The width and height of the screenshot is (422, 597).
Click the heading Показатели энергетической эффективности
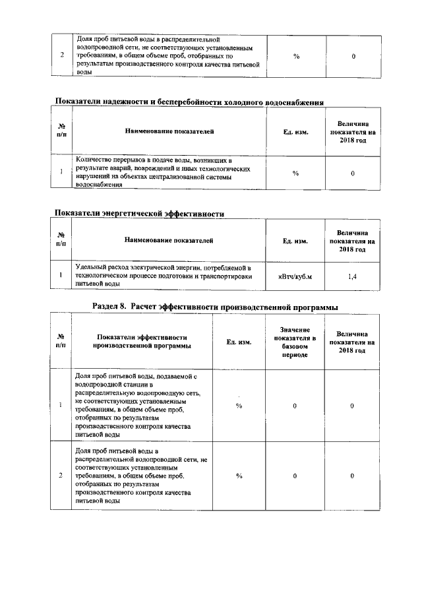coord(139,214)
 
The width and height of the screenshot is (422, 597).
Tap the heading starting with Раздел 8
coord(216,307)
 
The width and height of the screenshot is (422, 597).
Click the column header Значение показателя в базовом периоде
coord(295,342)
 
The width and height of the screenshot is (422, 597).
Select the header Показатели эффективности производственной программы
coord(141,341)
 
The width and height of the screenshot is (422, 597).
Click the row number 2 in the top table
coord(61,56)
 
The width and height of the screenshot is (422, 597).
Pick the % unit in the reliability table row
coord(295,173)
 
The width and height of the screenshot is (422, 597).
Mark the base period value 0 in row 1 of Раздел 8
coord(295,405)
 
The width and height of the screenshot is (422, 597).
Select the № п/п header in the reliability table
coord(61,131)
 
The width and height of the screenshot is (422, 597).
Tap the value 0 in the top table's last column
coord(353,56)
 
